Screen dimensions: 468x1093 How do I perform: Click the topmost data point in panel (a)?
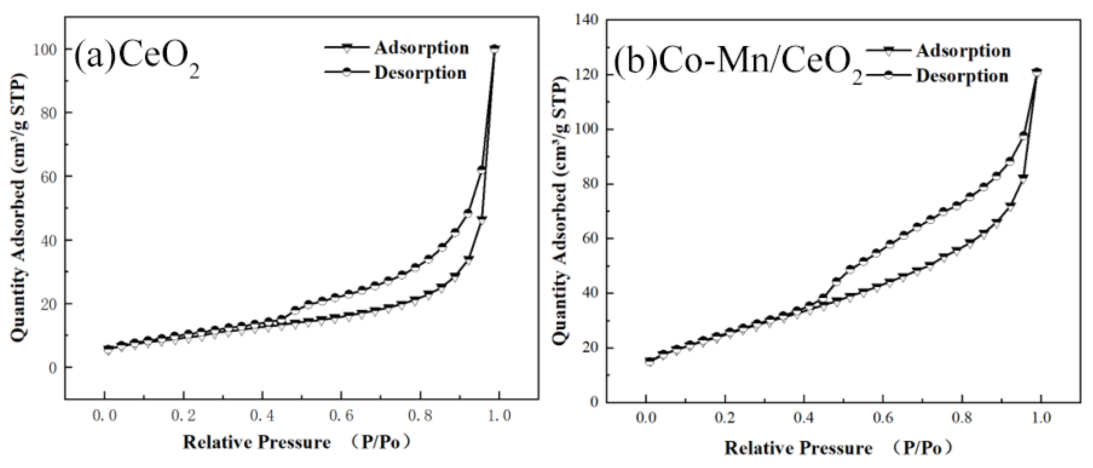(494, 49)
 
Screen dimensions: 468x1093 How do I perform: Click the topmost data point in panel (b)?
(1037, 72)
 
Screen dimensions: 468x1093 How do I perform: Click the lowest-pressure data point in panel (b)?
(649, 361)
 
